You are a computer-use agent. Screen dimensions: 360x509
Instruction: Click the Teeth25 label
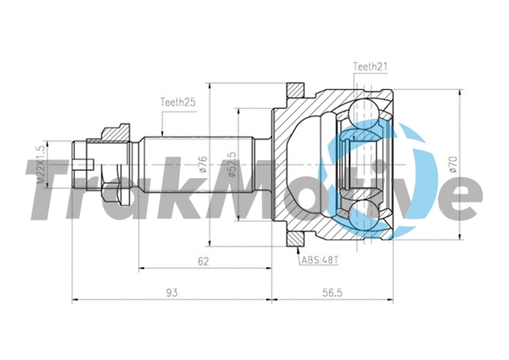pyautogui.click(x=179, y=103)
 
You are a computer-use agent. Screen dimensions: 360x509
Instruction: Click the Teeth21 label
pyautogui.click(x=371, y=67)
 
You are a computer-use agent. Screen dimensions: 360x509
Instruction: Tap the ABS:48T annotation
pyautogui.click(x=319, y=262)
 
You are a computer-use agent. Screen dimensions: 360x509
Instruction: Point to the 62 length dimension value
pyautogui.click(x=203, y=261)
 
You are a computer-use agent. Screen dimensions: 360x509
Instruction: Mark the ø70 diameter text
pyautogui.click(x=451, y=166)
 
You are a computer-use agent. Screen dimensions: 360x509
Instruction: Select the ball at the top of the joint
pyautogui.click(x=371, y=110)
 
